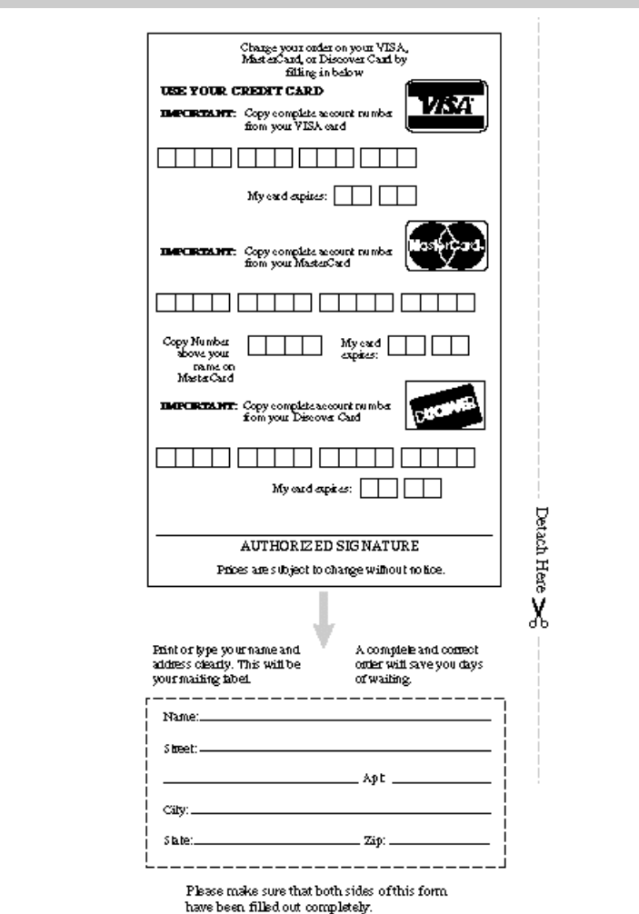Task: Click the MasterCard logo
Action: coord(446,246)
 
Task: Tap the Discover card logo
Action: coord(445,404)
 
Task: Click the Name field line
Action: coord(345,719)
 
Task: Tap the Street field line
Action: coord(345,750)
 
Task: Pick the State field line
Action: coord(273,842)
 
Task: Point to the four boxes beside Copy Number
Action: coord(285,345)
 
